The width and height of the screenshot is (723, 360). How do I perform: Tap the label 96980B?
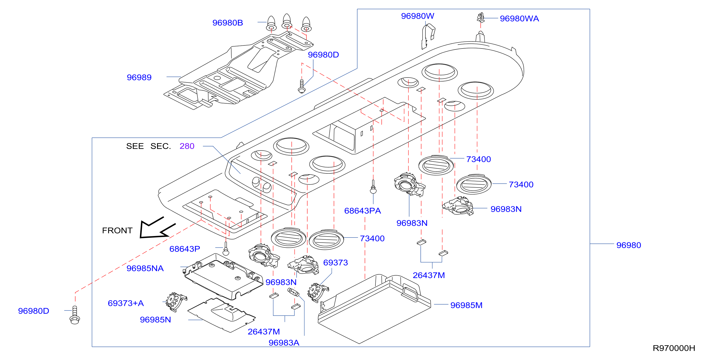pos(228,23)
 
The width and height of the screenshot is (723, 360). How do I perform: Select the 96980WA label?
pos(519,18)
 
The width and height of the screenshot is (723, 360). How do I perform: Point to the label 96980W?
pos(418,16)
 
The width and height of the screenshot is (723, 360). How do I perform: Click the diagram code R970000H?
pos(674,348)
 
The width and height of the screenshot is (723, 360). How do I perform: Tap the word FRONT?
pos(117,230)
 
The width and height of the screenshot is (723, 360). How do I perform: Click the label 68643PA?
pos(363,211)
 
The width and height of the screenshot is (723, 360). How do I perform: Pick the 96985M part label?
pos(466,305)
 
